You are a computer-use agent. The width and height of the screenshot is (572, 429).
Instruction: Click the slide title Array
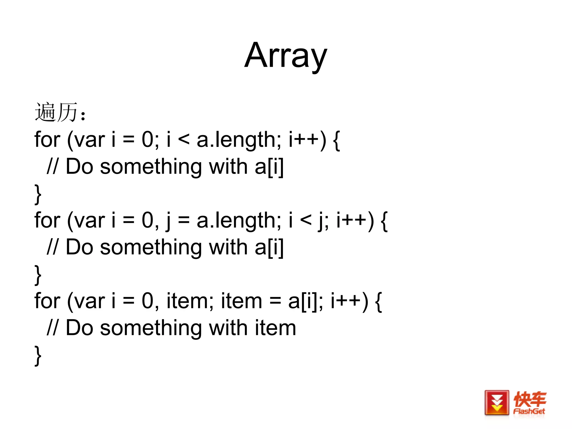coord(285,56)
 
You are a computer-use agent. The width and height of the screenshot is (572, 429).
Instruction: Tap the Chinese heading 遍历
coord(56,112)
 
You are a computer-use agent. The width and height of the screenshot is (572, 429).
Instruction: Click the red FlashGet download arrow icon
coord(497,403)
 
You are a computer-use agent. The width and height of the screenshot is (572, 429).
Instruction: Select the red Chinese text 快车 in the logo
coord(530,399)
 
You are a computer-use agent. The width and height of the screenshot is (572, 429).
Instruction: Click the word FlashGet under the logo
coord(529,411)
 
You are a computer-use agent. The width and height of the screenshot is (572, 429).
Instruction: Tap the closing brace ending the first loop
coord(38,194)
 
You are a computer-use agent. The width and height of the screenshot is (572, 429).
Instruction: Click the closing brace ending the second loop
coord(38,275)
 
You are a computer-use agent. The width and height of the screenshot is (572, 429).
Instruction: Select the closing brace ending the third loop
coord(38,355)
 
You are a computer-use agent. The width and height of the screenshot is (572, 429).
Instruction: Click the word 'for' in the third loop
coord(47,301)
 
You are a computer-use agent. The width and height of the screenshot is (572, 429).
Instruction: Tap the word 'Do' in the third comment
coord(79,328)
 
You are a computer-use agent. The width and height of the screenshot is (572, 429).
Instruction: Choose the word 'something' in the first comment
coord(151,167)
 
